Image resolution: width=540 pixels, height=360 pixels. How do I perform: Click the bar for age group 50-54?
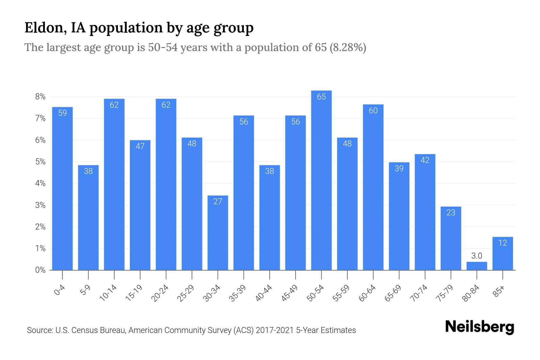coord(321,180)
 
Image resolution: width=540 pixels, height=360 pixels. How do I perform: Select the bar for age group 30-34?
coord(218,232)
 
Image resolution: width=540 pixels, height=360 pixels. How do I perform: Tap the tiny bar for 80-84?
coord(477,266)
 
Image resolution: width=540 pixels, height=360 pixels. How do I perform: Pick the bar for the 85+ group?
coord(502,253)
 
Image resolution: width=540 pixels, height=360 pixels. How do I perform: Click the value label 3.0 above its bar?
coord(477,256)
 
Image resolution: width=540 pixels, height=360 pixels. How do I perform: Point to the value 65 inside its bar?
coord(321,97)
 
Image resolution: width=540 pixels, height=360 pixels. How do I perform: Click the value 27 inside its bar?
coord(218,201)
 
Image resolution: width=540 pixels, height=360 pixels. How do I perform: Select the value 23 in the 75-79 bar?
coord(451,212)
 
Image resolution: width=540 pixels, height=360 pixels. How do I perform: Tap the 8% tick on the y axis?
coord(40,97)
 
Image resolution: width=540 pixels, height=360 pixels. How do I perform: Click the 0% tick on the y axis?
coord(40,270)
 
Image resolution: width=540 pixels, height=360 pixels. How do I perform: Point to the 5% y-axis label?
coord(40,162)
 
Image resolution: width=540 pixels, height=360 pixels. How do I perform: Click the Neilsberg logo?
coord(479,327)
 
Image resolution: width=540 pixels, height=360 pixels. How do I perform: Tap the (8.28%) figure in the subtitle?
coord(348,47)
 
